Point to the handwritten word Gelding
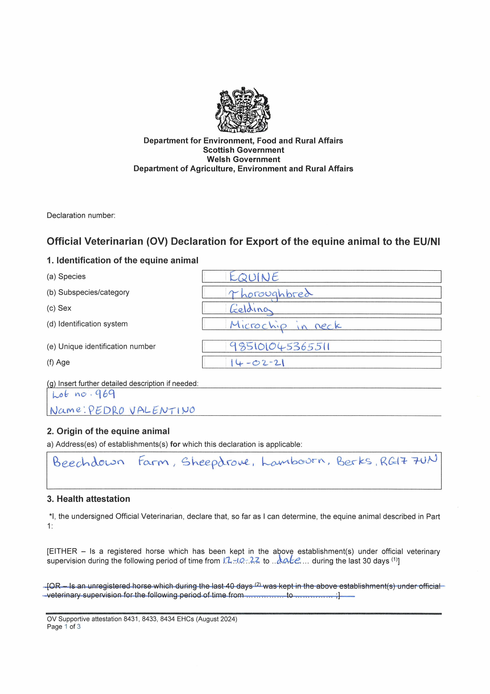click(x=251, y=309)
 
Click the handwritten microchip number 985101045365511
click(x=279, y=346)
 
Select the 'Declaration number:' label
click(x=81, y=216)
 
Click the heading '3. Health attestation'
click(x=88, y=499)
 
